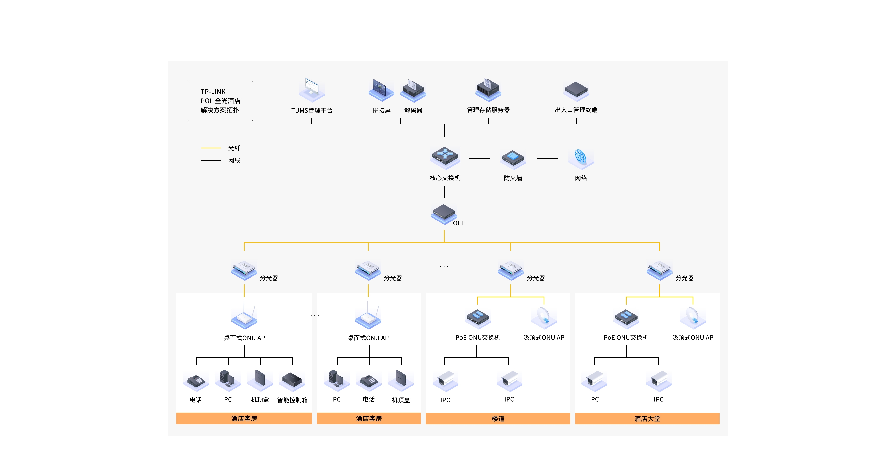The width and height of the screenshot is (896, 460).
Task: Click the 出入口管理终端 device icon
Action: [x=576, y=91]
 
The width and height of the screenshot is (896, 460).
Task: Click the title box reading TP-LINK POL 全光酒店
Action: [x=221, y=101]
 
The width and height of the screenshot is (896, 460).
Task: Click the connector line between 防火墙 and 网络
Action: [x=547, y=159]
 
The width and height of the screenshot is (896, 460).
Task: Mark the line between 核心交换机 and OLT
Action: [x=445, y=192]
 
